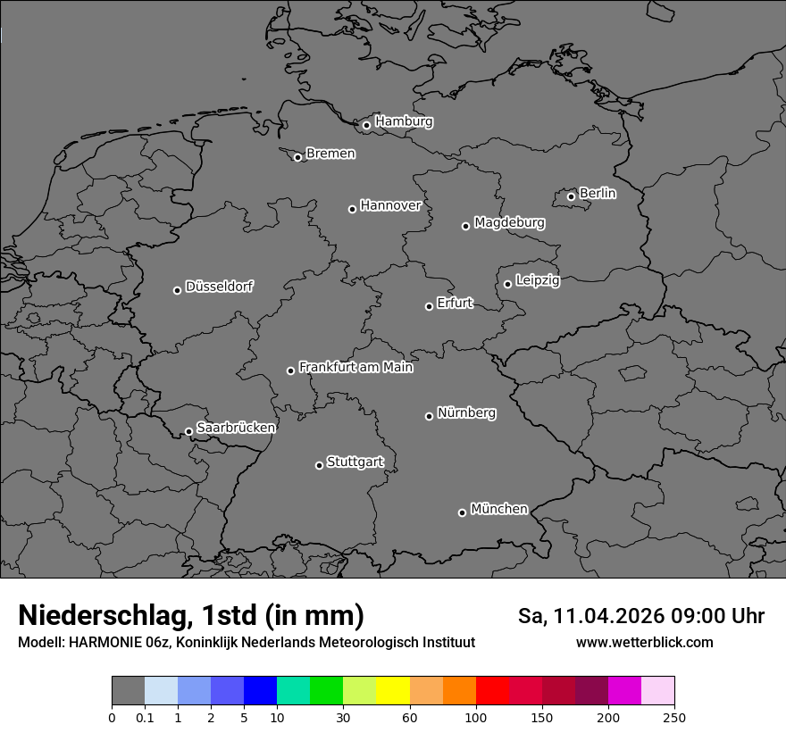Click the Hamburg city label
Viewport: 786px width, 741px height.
point(404,121)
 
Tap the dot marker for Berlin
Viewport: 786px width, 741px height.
point(571,196)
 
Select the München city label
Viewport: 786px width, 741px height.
point(498,509)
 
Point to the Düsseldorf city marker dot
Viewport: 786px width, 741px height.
point(177,290)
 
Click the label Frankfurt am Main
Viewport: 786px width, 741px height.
point(355,367)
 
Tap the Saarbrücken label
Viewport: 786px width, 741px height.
point(236,428)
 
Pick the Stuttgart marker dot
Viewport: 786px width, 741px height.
point(319,465)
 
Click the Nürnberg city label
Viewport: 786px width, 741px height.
point(466,413)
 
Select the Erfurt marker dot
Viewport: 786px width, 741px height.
point(429,306)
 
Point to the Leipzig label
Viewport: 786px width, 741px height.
point(538,280)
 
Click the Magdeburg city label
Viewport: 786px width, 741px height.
point(509,222)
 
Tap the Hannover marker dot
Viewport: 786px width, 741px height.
point(352,209)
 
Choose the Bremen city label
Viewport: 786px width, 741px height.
point(330,154)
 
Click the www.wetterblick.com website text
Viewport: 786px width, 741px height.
point(644,643)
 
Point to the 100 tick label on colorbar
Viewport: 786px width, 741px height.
point(476,718)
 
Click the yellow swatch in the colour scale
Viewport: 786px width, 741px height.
point(393,691)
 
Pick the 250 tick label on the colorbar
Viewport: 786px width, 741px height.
point(674,718)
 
